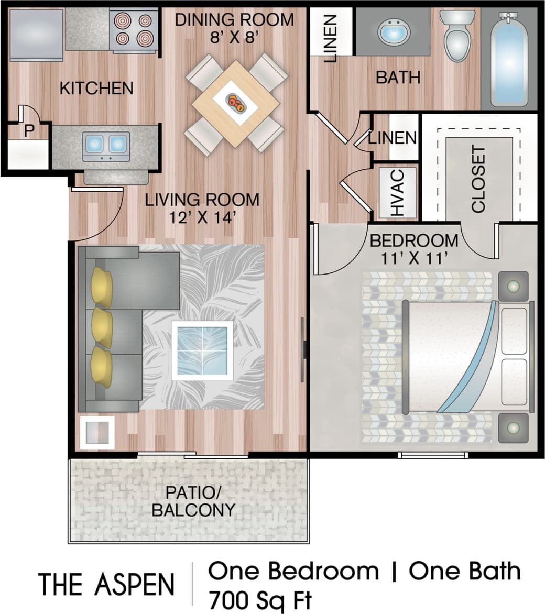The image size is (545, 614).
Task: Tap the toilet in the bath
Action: point(457,35)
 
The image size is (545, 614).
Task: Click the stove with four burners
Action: point(133,30)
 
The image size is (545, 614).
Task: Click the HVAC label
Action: point(397,192)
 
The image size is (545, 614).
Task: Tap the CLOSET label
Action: point(478,180)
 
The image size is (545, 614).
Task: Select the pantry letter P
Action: point(28,131)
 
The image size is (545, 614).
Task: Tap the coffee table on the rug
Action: point(202,350)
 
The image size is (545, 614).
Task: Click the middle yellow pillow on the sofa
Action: point(102,328)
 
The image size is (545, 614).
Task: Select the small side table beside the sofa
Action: point(96,433)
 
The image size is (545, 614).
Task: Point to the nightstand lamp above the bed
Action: point(513,287)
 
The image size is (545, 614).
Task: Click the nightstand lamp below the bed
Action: point(513,428)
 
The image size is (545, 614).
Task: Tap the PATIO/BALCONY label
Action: point(193,501)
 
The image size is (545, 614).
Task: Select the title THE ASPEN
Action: point(106,584)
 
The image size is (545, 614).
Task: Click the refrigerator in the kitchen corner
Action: point(36,35)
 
